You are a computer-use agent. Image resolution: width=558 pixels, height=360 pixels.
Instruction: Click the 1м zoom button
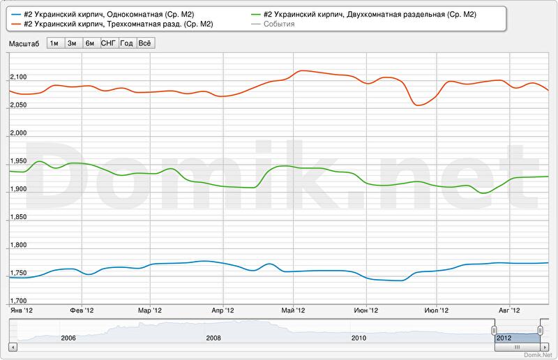(54, 43)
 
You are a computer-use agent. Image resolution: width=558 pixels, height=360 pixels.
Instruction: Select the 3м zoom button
(72, 43)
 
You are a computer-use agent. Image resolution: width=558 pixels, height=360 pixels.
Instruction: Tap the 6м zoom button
(90, 43)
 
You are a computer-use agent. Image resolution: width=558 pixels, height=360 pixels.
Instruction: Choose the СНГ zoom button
(108, 43)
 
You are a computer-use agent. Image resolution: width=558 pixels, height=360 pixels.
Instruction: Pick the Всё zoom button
(145, 43)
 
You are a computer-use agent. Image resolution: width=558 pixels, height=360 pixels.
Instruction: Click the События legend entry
(279, 24)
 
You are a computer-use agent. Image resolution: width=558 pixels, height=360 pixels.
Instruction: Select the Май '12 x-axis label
(293, 310)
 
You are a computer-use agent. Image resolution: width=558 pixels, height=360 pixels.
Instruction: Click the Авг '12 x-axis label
(511, 310)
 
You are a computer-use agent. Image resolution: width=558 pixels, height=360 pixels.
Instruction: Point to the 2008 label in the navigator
(213, 338)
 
